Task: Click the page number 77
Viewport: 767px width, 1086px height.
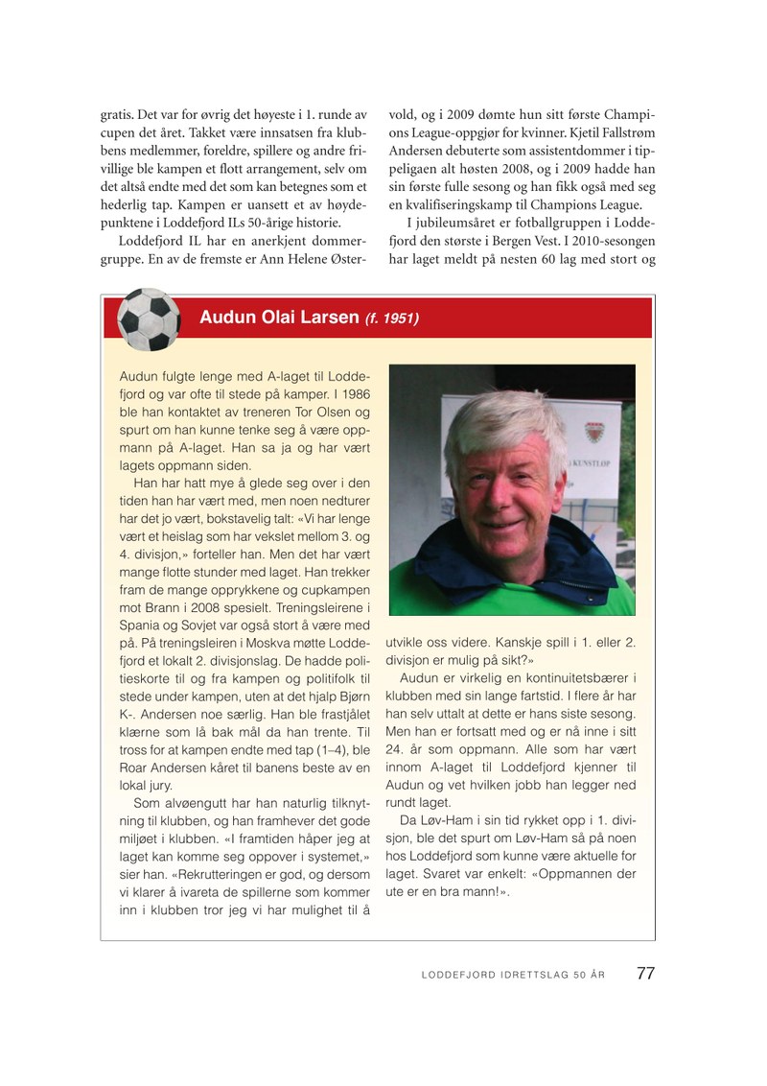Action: click(x=645, y=973)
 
